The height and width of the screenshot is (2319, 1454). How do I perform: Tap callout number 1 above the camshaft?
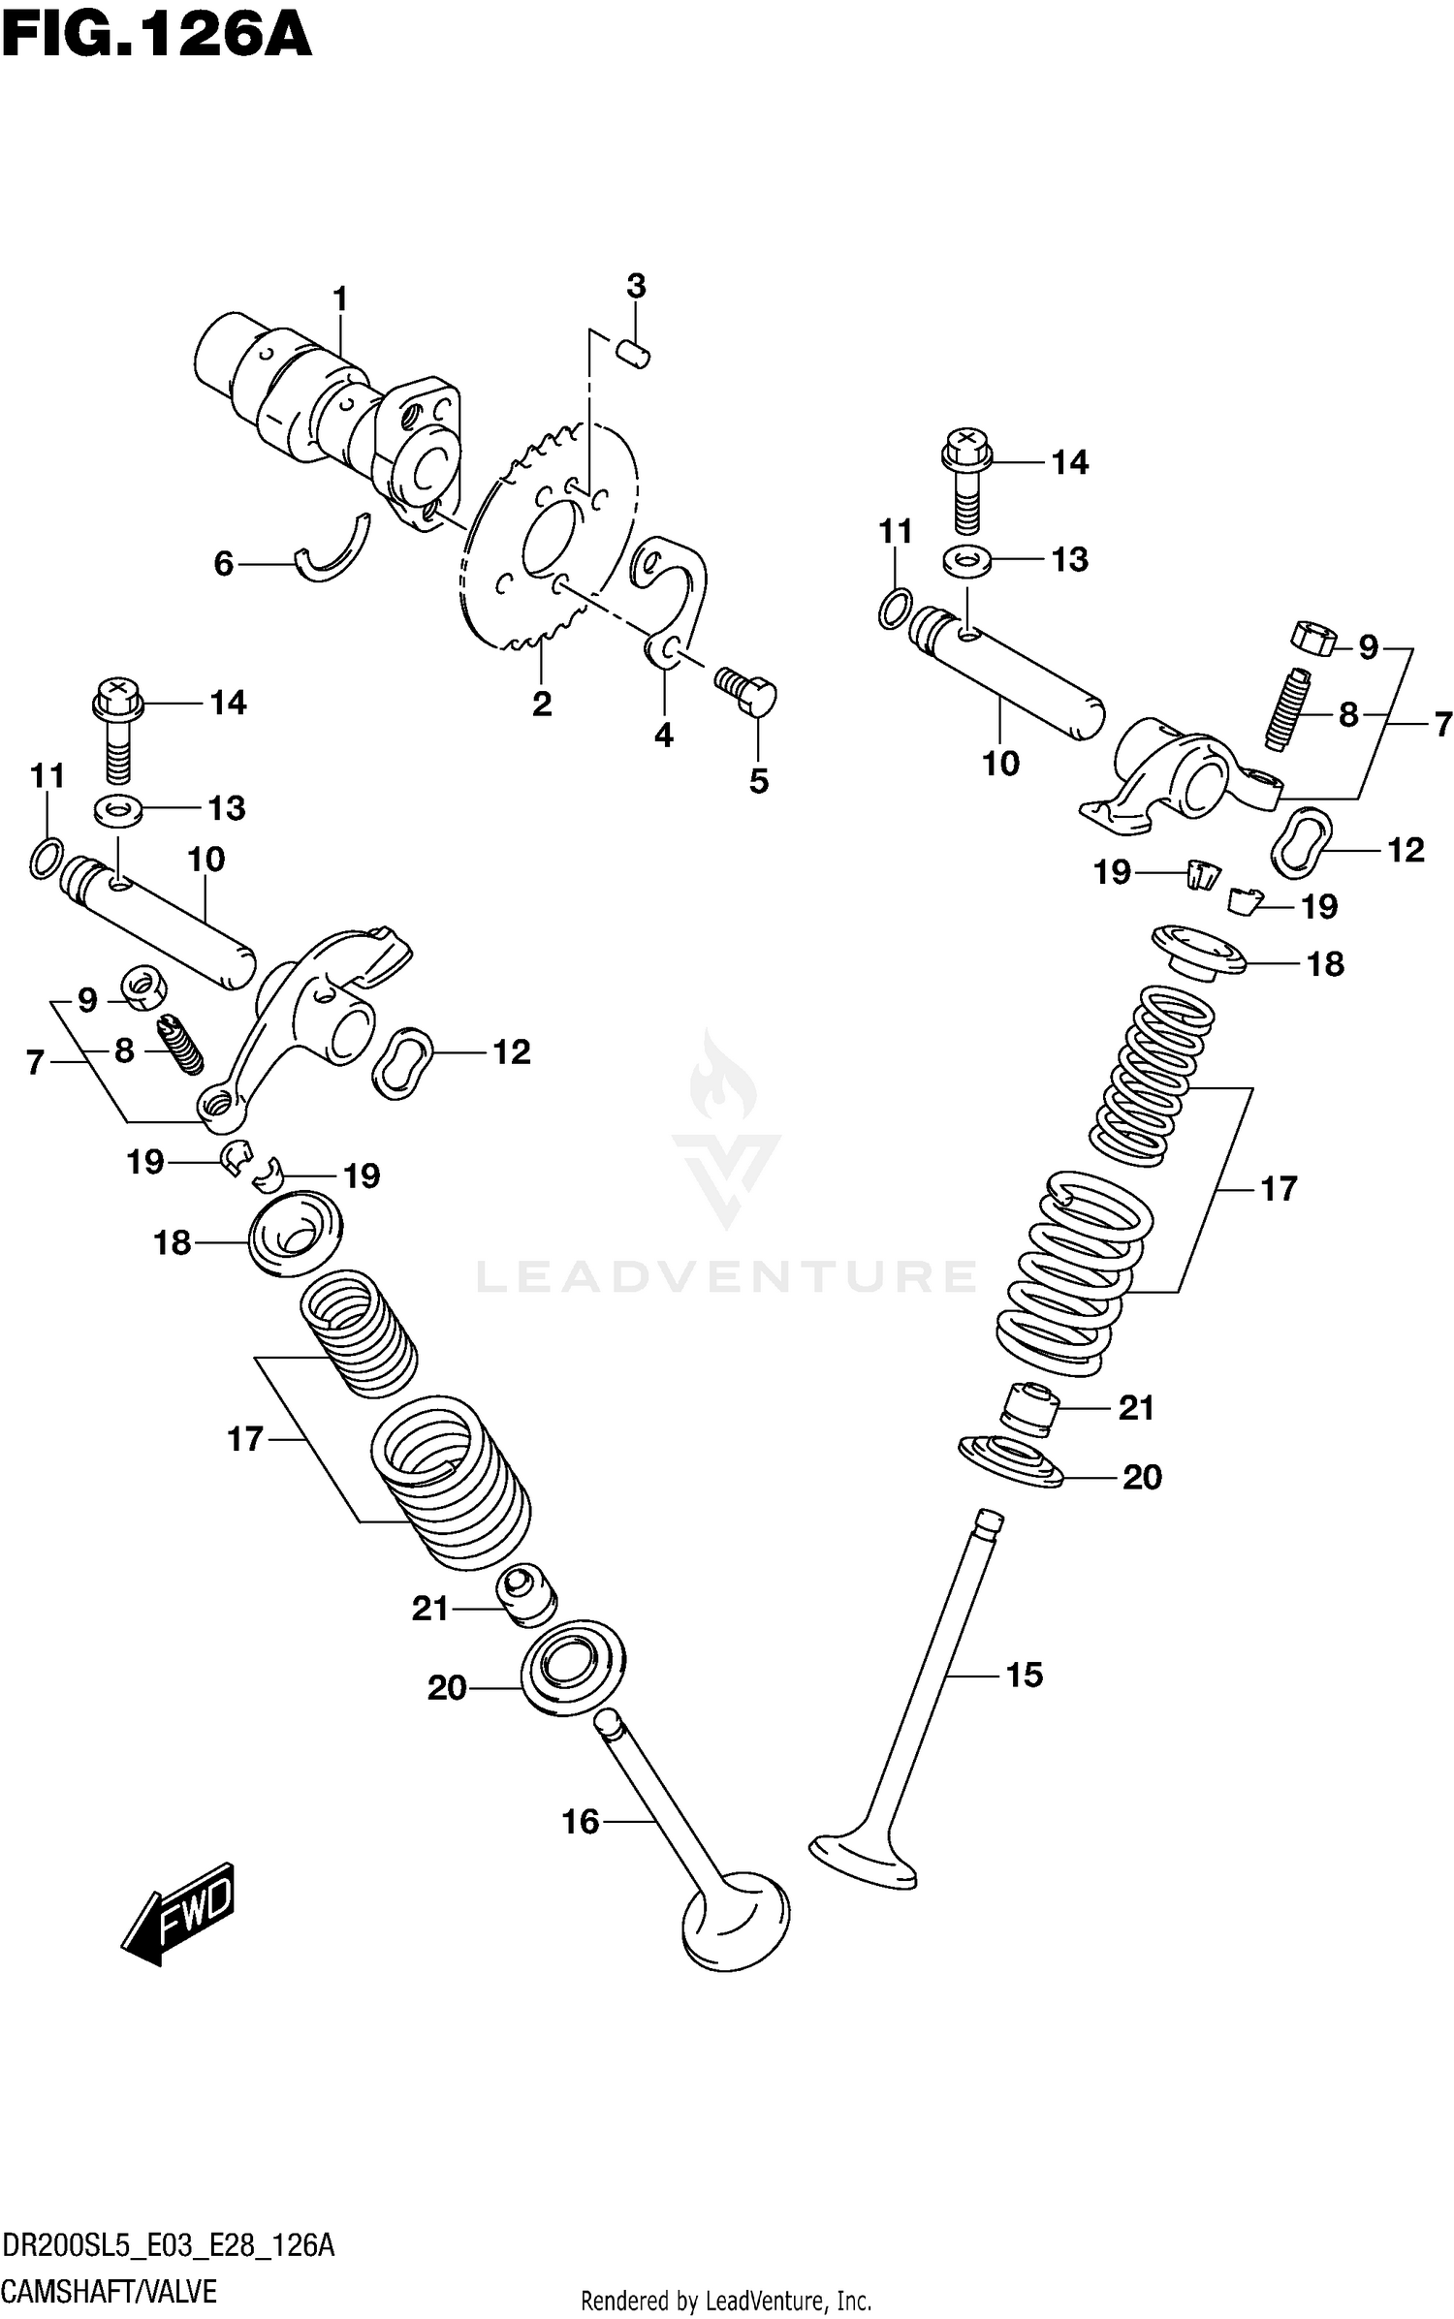(x=339, y=299)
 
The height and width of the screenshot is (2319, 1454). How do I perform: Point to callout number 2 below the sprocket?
(x=542, y=704)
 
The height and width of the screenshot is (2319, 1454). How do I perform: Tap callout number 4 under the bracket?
(x=663, y=736)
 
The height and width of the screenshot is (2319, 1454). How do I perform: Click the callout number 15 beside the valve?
(x=1024, y=1675)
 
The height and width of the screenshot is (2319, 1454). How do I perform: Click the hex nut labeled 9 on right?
(x=1313, y=638)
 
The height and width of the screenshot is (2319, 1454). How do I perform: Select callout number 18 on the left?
(x=173, y=1242)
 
